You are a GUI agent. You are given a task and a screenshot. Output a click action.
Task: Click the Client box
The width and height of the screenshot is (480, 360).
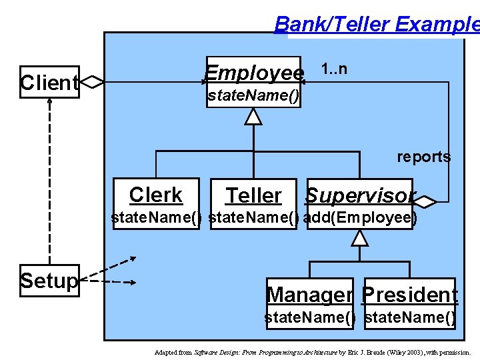(49, 82)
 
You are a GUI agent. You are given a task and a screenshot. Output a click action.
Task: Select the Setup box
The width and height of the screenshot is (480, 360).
(49, 281)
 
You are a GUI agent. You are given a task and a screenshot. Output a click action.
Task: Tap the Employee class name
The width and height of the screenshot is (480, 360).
(254, 72)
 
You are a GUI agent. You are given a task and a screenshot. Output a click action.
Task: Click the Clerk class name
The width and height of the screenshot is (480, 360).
(156, 195)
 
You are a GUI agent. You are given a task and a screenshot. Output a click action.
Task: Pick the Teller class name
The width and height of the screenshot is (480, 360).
(253, 195)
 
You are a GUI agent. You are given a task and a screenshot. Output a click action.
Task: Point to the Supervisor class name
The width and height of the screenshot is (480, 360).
(360, 195)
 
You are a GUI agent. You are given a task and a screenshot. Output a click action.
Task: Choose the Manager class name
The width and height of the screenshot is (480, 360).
(310, 294)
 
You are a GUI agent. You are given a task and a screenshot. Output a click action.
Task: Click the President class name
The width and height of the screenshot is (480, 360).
(410, 294)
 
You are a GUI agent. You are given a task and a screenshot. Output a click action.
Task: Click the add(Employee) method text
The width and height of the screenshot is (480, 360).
(360, 218)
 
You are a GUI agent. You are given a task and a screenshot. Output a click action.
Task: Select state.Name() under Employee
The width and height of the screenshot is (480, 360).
(253, 96)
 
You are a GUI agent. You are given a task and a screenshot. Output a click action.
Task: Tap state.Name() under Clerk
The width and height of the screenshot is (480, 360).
(156, 218)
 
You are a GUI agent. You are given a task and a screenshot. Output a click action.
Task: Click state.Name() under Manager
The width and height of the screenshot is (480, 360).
(310, 317)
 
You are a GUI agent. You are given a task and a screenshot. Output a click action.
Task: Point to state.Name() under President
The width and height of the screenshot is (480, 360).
(411, 317)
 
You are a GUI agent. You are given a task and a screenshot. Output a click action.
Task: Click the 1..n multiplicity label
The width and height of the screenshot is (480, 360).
(333, 69)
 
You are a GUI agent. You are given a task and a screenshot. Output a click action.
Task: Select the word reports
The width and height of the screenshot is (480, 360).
(424, 157)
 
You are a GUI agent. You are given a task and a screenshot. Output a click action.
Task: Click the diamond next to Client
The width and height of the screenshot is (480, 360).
(91, 82)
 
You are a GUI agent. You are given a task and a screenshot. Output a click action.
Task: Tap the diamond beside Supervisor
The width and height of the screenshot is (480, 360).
(425, 200)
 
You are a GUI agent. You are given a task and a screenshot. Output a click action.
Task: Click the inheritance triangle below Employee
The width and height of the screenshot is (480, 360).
(253, 117)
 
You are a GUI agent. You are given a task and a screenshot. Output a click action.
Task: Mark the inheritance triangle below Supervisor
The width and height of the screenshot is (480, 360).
(360, 237)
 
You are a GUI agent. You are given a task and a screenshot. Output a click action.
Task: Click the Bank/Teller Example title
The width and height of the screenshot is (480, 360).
(377, 25)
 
